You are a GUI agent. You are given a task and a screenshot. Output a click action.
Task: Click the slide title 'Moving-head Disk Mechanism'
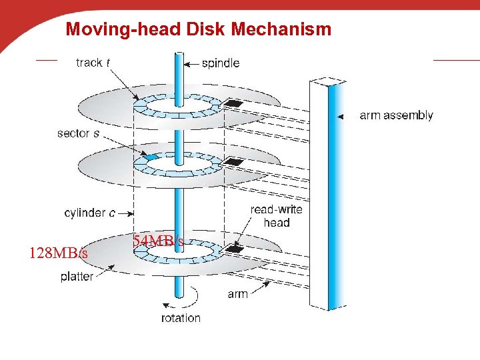coord(198,29)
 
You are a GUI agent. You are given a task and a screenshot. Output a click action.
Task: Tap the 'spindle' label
coord(221,63)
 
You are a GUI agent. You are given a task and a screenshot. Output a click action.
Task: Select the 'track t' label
coord(93,63)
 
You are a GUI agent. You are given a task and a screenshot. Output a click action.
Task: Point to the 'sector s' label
coord(79,133)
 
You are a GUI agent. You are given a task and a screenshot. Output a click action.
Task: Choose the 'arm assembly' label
coord(396,115)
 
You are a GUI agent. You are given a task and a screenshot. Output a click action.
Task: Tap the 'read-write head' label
coord(276,215)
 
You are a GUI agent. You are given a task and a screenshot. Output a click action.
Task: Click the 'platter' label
coord(77,277)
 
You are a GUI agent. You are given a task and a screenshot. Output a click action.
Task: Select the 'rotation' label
coord(181,318)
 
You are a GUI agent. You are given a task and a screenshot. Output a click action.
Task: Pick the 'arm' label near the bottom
coord(237,294)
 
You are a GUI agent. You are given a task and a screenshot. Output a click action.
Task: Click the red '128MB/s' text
coord(58,253)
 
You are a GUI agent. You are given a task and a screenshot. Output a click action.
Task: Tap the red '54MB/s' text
coord(159,241)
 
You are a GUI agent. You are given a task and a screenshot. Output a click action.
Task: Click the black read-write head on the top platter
coord(234,104)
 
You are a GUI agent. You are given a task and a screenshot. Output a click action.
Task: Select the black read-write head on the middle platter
coord(234,161)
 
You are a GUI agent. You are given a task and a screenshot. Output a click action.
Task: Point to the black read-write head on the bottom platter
coord(234,249)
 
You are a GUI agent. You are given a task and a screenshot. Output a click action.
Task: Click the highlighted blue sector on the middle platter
coord(151,157)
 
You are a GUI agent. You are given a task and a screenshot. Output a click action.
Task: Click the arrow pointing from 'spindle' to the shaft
coord(191,64)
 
